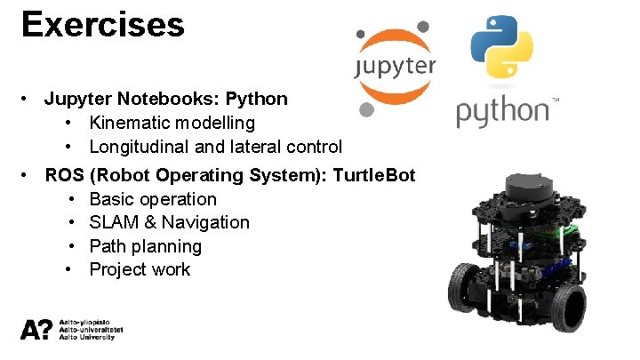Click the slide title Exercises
[102, 24]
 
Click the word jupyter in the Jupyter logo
[395, 68]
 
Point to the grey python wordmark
[502, 114]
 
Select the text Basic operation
[153, 199]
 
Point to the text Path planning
[146, 246]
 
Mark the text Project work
[140, 269]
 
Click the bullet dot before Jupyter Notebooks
[28, 99]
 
